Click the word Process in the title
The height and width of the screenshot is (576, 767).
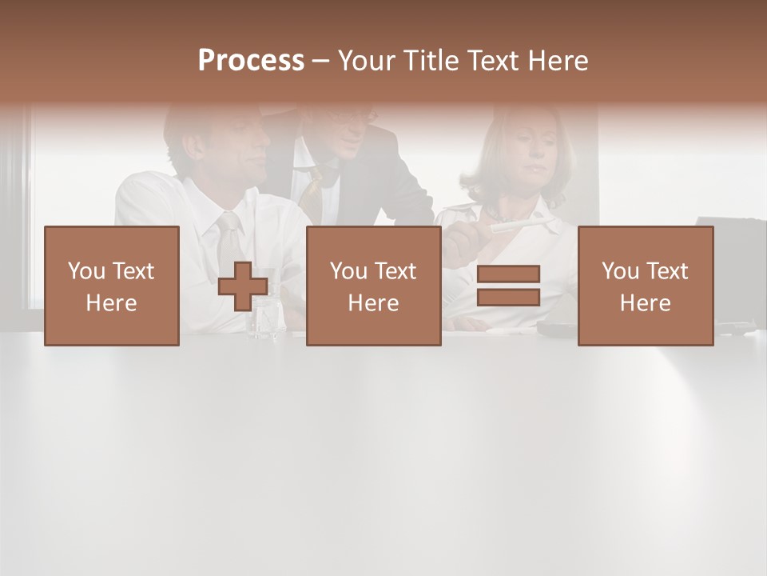(x=251, y=61)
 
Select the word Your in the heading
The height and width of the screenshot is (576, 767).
(x=365, y=61)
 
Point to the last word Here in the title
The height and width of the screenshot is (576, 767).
(x=558, y=61)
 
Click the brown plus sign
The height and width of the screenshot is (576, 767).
(x=243, y=286)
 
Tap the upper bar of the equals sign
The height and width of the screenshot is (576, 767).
(x=508, y=274)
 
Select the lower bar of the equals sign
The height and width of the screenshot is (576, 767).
(x=508, y=298)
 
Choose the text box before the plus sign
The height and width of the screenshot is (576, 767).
(x=112, y=286)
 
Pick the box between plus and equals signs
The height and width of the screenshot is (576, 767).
(x=373, y=286)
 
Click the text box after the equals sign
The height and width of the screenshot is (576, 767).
(x=646, y=286)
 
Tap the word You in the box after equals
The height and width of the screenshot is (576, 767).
(x=620, y=271)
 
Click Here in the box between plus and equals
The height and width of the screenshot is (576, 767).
(x=373, y=303)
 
